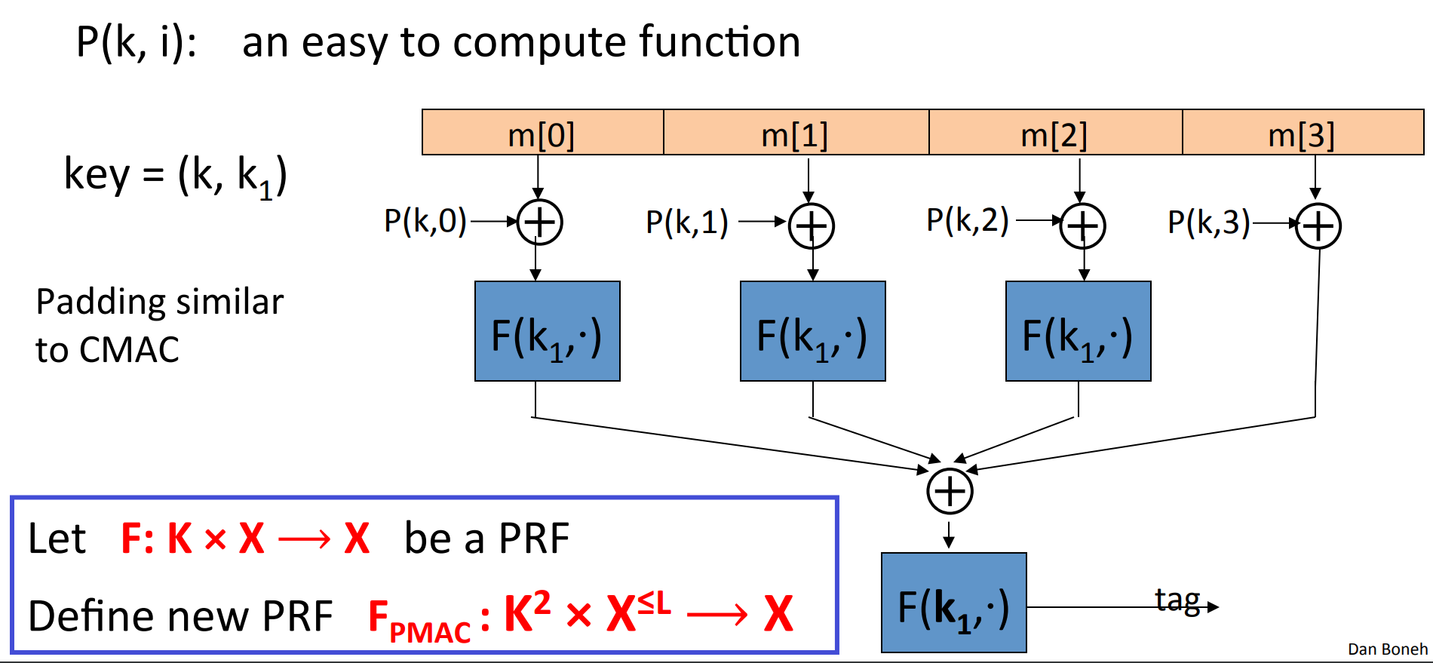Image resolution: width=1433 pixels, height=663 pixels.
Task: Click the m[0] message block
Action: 542,133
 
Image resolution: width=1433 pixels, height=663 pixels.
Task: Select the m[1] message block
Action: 796,133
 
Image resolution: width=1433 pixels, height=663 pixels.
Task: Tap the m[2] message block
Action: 1055,133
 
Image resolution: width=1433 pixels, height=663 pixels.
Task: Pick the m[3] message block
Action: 1303,133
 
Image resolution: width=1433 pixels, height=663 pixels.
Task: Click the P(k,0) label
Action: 425,222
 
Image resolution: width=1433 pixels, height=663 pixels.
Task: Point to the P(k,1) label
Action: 687,223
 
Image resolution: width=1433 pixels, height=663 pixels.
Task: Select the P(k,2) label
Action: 968,220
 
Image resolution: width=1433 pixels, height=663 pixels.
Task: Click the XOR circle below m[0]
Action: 540,223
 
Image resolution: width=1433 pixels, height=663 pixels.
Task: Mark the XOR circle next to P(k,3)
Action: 1318,226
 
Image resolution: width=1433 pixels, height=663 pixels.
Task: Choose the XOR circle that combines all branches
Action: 950,492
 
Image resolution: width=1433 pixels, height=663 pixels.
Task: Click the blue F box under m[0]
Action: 547,331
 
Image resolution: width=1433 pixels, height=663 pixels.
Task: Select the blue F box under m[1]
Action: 812,331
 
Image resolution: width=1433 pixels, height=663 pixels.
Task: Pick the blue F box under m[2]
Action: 1078,331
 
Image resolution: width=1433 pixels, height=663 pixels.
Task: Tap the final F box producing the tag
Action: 953,603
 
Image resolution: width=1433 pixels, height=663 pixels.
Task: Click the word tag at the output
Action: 1177,600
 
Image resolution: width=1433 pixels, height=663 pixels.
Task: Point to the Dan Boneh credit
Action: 1387,649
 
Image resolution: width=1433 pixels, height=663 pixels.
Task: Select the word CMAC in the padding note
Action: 130,350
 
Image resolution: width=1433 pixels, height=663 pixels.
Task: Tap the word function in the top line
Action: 720,41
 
